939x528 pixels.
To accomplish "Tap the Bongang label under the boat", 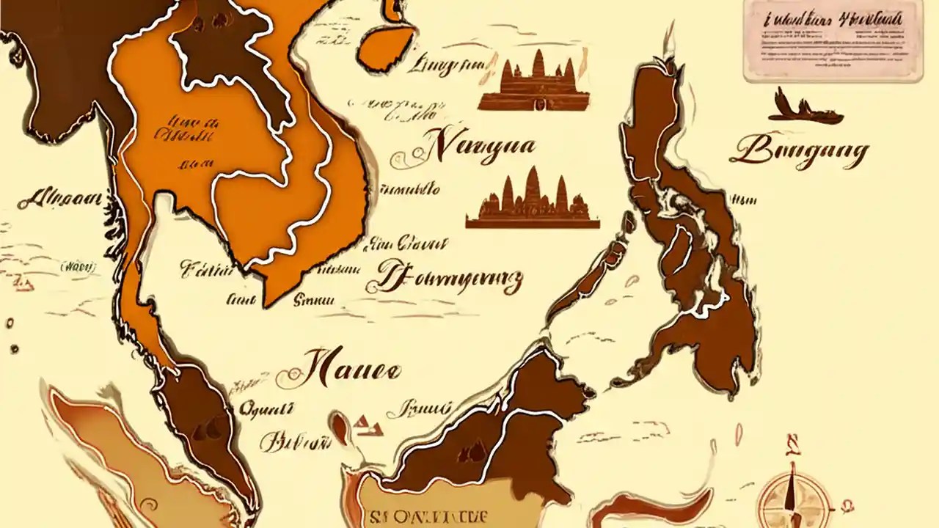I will [x=799, y=152].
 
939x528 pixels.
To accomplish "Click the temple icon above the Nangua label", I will [x=534, y=82].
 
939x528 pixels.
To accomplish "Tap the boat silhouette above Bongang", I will [x=805, y=109].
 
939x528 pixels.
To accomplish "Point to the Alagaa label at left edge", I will [x=60, y=198].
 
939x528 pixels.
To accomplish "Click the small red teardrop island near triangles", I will [x=339, y=427].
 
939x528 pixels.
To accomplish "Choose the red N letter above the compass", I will [x=792, y=443].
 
